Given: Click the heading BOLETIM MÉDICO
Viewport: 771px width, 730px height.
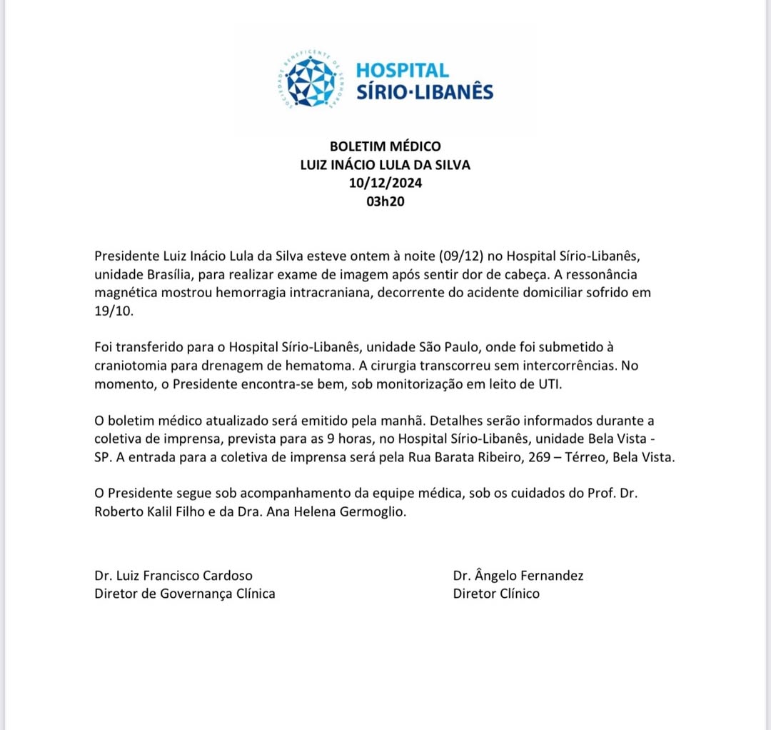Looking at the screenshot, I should (x=385, y=147).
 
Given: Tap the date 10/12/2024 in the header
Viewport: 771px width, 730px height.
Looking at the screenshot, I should (x=385, y=183).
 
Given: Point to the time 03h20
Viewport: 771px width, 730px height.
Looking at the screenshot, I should (x=385, y=201).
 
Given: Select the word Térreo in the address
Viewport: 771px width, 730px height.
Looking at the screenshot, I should (x=581, y=457).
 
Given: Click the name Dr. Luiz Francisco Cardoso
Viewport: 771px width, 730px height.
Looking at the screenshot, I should (x=173, y=575).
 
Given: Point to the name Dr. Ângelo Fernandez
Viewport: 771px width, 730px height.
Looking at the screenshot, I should (x=518, y=575).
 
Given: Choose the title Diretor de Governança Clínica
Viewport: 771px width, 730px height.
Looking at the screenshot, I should (x=185, y=593).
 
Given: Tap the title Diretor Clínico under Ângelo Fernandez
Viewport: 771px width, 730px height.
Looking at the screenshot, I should (x=496, y=593).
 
